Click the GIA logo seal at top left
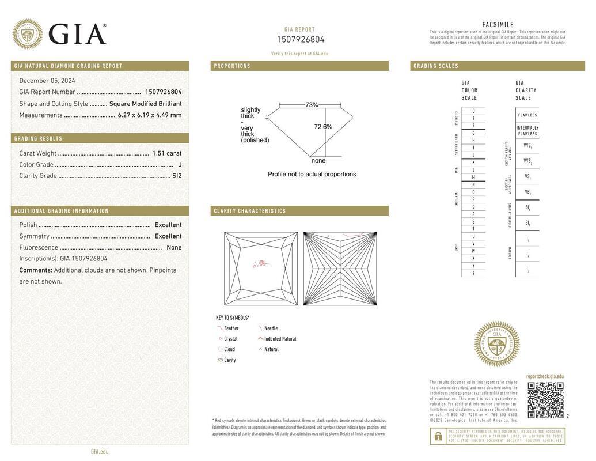coord(27,34)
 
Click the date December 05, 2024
coord(47,81)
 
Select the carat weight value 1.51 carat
coord(167,153)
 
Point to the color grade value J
coord(180,165)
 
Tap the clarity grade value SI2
coord(177,176)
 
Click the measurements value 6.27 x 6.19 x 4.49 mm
coord(150,115)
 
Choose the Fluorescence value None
coord(174,248)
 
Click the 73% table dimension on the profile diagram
coord(312,105)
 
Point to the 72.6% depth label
coord(323,127)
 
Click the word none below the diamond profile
coord(318,161)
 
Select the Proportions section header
coord(233,66)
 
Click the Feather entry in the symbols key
coord(231,328)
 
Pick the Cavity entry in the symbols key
coord(230,360)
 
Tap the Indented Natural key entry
coord(280,339)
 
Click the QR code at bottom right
coord(545,400)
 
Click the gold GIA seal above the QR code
coord(496,344)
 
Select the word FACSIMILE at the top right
coord(498,25)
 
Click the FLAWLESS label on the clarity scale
coord(527,115)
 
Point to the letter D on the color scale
coord(473,111)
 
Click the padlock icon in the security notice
coord(438,436)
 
